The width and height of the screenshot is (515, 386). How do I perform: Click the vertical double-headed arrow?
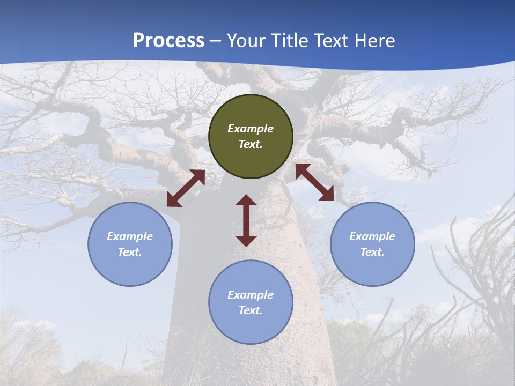coord(246,220)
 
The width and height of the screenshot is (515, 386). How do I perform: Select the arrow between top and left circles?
coord(186,188)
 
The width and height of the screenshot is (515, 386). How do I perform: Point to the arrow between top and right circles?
coord(315,182)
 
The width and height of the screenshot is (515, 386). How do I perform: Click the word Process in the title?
coord(168,40)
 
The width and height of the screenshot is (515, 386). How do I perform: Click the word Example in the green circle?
coord(251,129)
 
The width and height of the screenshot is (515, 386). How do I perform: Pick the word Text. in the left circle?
coord(130,252)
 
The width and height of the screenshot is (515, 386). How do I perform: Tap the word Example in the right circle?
coord(372,236)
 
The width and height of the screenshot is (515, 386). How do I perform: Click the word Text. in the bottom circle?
coord(251,310)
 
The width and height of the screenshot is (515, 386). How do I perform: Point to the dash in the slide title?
coord(216,41)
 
